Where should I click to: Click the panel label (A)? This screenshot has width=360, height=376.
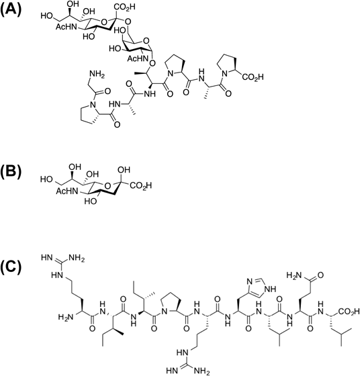coord(11,10)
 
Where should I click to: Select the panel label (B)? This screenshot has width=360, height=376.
coord(11,173)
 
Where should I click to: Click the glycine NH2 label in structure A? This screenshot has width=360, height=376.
coord(97,75)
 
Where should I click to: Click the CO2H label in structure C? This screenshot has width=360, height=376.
coord(349,312)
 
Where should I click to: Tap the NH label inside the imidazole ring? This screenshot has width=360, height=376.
coord(270,289)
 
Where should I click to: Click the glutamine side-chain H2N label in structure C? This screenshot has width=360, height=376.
coord(294,275)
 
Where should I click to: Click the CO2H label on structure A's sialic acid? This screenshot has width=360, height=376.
coord(125,7)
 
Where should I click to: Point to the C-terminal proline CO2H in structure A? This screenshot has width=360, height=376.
coord(253,77)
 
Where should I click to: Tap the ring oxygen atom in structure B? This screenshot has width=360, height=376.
coord(108,186)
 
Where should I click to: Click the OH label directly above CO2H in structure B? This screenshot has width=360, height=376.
coord(124,170)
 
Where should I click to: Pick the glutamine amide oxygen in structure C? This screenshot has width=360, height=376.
coord(320,275)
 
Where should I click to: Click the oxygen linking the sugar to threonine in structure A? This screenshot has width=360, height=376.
coord(152,64)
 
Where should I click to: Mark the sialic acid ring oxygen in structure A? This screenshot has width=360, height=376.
coord(103,23)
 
